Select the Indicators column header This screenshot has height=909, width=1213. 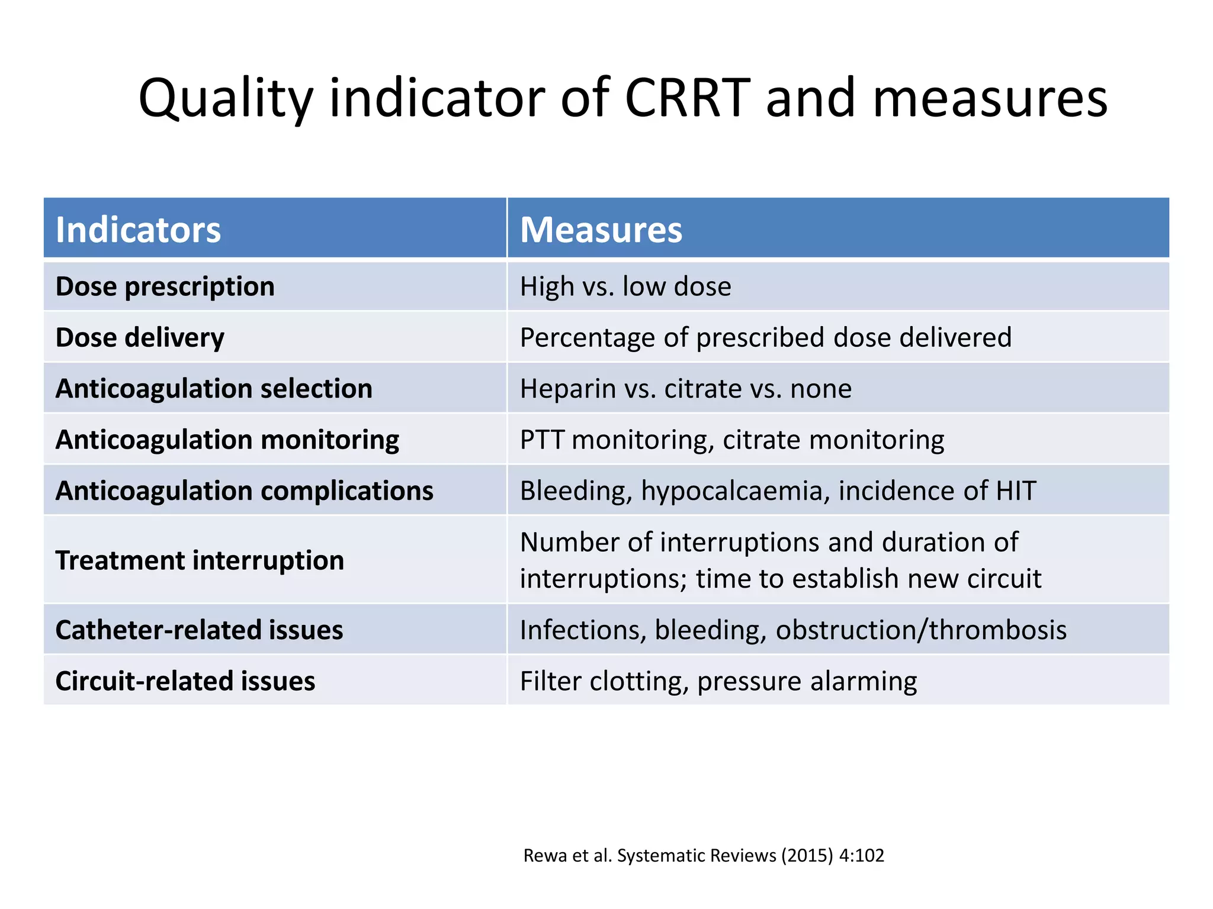138,230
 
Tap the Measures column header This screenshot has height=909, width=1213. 601,230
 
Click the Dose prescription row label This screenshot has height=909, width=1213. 165,286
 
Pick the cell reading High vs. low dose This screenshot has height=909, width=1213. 625,286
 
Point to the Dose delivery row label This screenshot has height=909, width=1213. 140,337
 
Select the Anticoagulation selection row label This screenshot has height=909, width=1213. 214,389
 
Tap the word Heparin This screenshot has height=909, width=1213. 567,389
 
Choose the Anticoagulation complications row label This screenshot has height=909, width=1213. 244,491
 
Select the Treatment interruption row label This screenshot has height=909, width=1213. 200,560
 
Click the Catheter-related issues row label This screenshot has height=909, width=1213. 199,630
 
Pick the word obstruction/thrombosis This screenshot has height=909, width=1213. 921,630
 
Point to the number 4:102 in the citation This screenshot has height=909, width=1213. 862,856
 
